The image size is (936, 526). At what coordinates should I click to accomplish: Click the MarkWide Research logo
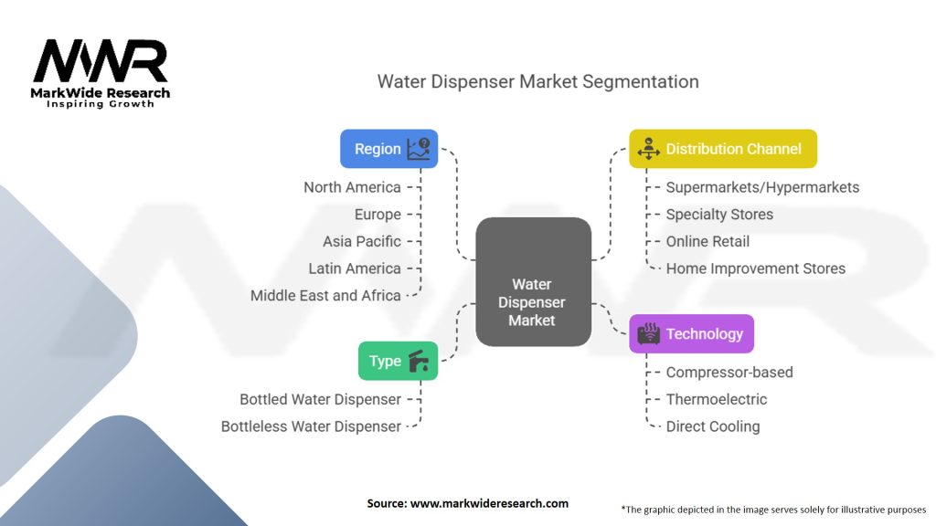click(x=101, y=72)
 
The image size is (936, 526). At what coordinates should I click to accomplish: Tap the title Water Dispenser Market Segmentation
click(x=537, y=81)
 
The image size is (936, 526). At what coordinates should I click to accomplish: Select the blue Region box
click(x=388, y=149)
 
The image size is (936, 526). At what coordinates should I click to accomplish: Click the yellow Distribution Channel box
click(x=722, y=149)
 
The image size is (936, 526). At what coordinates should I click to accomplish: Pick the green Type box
click(x=398, y=361)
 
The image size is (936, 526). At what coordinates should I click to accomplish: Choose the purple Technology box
click(x=691, y=334)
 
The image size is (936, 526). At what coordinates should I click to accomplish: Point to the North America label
click(x=352, y=187)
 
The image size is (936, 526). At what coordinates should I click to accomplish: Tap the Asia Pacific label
click(x=361, y=241)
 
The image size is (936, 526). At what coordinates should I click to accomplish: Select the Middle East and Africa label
click(x=325, y=295)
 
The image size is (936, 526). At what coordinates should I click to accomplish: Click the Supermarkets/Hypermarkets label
click(x=762, y=187)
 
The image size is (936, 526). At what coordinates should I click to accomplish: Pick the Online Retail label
click(x=707, y=241)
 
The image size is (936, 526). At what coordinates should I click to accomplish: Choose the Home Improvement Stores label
click(x=755, y=268)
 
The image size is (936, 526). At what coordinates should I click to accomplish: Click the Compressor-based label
click(x=729, y=372)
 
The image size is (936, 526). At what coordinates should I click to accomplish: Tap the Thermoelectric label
click(x=716, y=399)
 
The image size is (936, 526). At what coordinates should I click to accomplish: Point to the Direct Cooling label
click(x=712, y=426)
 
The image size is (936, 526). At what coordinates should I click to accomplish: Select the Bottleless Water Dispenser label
click(x=311, y=426)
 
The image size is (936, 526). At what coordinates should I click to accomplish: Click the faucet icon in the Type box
click(x=420, y=361)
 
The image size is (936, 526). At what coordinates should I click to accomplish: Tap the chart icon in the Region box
click(x=419, y=149)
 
